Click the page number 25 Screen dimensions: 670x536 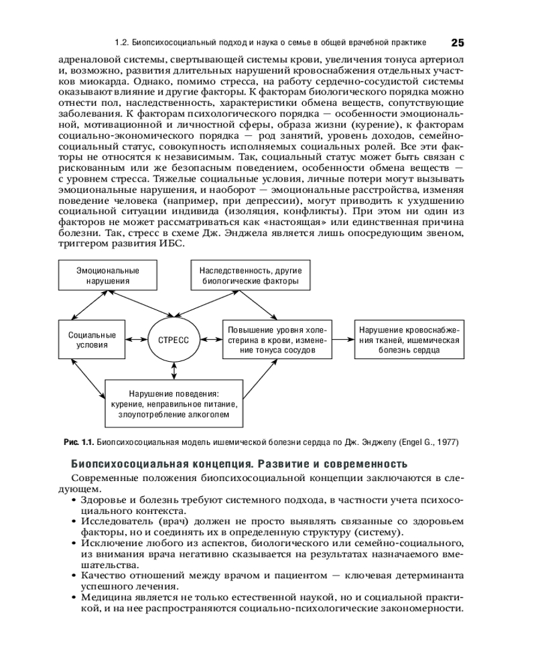pos(457,42)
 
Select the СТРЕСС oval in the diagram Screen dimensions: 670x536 pos(174,340)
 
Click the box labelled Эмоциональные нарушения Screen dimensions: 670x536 pos(107,276)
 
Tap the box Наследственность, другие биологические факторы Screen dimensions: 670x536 pos(250,276)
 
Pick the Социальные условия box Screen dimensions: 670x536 pos(92,340)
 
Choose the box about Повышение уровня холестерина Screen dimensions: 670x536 pos(277,340)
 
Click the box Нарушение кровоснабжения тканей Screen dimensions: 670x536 pos(409,340)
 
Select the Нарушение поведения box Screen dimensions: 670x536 pos(174,403)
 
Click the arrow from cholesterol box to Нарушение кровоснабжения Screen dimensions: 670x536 pos(343,340)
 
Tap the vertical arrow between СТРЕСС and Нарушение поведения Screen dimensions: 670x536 pos(174,371)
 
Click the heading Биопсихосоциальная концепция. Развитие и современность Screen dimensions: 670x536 pos(239,464)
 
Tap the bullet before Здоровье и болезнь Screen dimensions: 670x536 pos(73,500)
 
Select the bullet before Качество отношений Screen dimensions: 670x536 pos(73,576)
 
